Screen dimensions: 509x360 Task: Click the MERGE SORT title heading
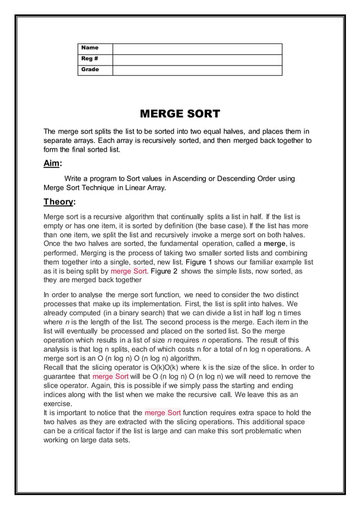pos(179,113)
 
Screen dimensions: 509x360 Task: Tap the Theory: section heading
pos(59,202)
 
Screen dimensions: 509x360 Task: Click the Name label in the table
pos(90,48)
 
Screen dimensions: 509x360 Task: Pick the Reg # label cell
pos(90,59)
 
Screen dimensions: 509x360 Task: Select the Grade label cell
pos(90,70)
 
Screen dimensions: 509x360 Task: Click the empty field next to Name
pos(197,49)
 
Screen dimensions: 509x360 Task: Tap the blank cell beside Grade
pos(197,70)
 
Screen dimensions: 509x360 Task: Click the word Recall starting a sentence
pos(55,367)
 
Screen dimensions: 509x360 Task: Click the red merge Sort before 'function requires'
pos(163,413)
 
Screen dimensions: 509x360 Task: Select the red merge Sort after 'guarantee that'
pos(110,376)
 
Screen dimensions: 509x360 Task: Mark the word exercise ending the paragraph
pos(58,404)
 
